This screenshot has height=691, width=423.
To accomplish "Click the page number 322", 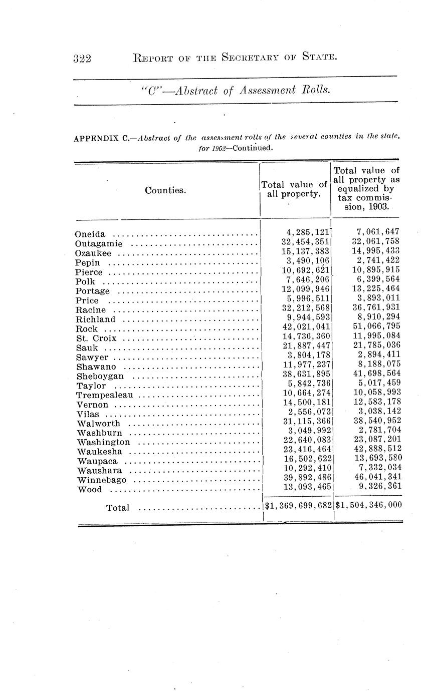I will click(x=82, y=59).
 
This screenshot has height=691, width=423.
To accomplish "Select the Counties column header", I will click(x=165, y=190).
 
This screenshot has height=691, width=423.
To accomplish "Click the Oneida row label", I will click(x=90, y=234).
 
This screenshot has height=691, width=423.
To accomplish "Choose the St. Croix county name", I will click(x=96, y=338).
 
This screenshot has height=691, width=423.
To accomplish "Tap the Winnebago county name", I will click(x=102, y=480).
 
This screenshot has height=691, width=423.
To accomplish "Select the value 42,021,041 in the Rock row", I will click(x=306, y=329).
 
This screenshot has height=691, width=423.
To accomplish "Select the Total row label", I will click(x=118, y=508).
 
